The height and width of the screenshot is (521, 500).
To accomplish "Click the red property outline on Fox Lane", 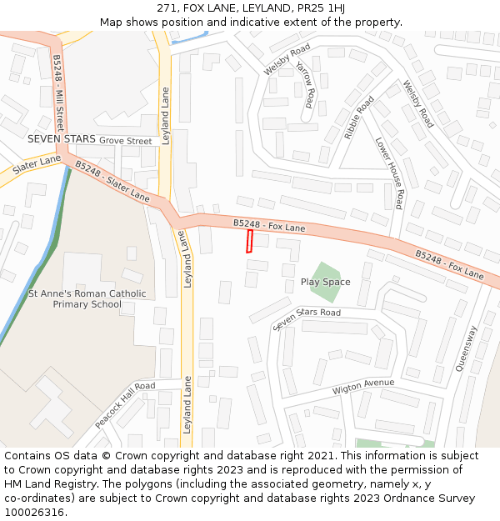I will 248,242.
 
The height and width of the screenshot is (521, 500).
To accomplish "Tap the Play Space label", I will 325,283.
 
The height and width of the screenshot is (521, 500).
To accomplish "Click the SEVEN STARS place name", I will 61,139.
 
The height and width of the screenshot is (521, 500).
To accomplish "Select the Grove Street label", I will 125,142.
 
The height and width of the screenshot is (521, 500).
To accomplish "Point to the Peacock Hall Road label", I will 125,404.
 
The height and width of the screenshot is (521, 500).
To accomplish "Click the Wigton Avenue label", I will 362,387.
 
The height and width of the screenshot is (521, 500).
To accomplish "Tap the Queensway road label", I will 466,347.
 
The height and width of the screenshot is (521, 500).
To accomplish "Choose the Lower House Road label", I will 389,173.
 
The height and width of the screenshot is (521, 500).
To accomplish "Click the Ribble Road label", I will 359,118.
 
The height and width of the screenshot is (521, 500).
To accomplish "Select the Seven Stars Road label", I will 307,318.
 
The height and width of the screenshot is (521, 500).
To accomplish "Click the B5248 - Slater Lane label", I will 112,182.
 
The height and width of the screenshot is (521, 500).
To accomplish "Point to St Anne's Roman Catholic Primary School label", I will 87,298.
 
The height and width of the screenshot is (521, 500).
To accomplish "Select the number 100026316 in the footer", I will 34,512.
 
